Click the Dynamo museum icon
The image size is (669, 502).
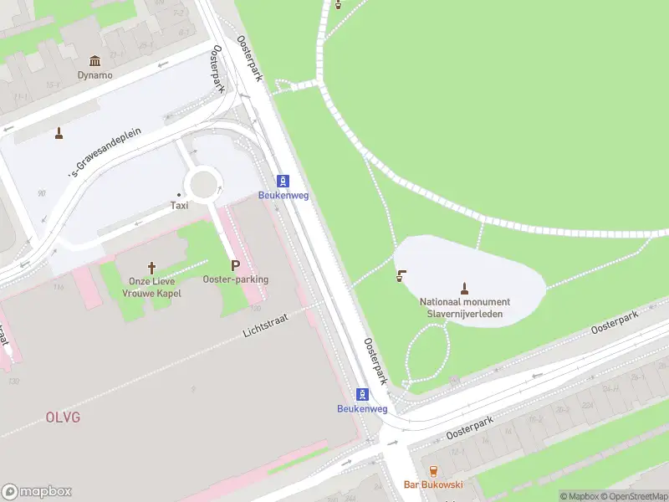(94, 60)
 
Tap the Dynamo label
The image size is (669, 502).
(94, 74)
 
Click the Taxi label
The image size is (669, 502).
(179, 205)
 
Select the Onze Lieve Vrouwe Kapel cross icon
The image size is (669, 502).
(151, 268)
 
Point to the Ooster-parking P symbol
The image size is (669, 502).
(235, 264)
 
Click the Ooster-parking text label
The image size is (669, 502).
(235, 279)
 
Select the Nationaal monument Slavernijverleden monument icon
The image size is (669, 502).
(465, 288)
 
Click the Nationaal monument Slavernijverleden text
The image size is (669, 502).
(465, 307)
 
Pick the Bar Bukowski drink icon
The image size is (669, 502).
(433, 471)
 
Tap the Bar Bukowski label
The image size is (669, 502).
(433, 485)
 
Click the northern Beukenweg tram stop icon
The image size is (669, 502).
(283, 181)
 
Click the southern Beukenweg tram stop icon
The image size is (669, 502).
(362, 394)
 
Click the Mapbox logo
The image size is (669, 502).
(37, 492)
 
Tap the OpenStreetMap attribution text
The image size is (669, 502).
(634, 496)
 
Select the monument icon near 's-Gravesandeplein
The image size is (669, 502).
(59, 132)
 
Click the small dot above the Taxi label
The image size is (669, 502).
(179, 194)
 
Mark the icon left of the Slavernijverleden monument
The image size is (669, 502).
(401, 275)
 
